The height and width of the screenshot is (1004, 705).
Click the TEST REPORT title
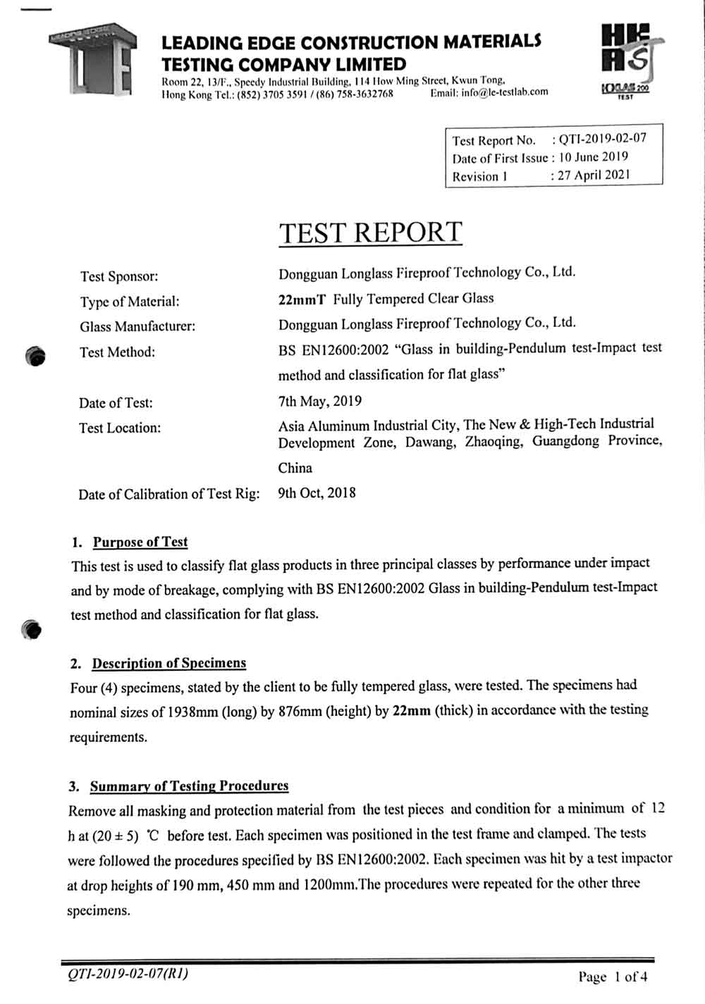[371, 233]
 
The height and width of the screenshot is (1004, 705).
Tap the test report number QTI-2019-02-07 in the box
[602, 138]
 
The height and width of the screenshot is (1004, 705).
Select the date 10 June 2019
[593, 156]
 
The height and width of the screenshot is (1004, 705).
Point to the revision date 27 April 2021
[594, 175]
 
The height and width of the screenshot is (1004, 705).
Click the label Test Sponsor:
[119, 276]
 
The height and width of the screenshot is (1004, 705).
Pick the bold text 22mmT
[302, 299]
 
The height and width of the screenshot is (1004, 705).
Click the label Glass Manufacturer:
[137, 326]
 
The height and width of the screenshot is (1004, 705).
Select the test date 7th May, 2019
[320, 401]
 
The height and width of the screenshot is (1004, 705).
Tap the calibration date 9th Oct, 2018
[317, 492]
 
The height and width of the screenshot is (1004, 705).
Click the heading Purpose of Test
[140, 542]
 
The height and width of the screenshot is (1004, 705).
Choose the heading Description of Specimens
[169, 663]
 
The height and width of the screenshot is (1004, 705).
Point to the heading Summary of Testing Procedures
[189, 786]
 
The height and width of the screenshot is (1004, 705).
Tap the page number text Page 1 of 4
[612, 977]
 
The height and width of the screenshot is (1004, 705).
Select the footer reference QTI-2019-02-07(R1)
[128, 974]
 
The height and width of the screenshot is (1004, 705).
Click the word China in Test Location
[295, 468]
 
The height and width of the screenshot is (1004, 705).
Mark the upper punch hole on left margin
[34, 357]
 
